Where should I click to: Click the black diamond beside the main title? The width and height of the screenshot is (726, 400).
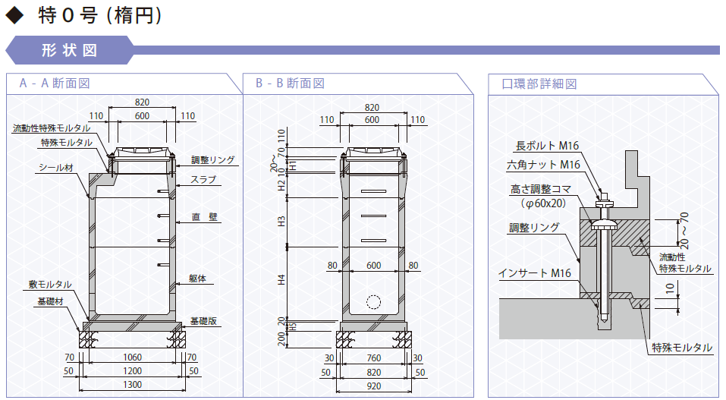(14, 15)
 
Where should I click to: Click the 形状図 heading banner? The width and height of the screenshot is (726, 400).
(70, 50)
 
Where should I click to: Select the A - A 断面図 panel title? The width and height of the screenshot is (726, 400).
(55, 83)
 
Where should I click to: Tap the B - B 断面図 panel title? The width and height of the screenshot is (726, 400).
(290, 83)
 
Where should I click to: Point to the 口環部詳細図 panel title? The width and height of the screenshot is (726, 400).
(539, 84)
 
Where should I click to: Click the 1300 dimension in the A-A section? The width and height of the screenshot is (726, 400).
(133, 385)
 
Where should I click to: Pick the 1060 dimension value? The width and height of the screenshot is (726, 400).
(133, 357)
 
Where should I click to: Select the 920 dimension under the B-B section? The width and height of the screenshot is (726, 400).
(374, 386)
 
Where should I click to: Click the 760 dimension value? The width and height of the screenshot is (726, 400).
(374, 358)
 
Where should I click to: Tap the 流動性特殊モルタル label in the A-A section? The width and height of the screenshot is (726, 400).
(52, 128)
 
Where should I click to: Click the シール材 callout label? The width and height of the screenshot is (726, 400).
(56, 167)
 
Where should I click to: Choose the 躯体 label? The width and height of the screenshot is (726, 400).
(197, 279)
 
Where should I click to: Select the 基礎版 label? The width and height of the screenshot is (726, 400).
(204, 321)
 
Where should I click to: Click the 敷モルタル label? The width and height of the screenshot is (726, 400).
(50, 284)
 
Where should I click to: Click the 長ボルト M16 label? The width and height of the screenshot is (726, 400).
(547, 146)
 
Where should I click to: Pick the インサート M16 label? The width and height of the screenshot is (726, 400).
(535, 273)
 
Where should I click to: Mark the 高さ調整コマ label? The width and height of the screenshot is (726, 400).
(541, 189)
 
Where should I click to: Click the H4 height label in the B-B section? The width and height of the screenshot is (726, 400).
(281, 280)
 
